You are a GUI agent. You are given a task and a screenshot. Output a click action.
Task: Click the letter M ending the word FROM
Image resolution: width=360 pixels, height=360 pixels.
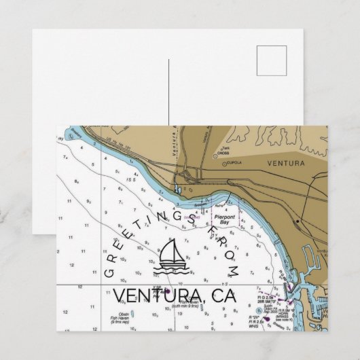[x=235, y=272]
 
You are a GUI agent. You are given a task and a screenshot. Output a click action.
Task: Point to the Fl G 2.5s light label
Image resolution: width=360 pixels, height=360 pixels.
[x=267, y=297]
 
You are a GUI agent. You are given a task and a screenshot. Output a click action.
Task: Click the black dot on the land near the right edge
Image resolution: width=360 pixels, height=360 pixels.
[x=298, y=221]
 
